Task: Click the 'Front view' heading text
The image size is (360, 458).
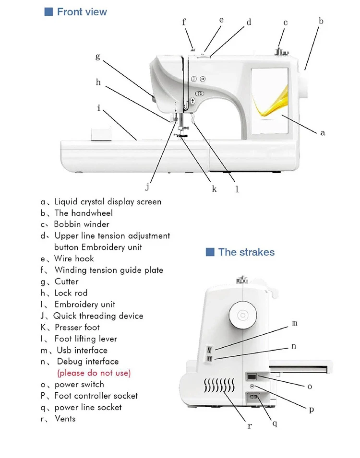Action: coord(82,12)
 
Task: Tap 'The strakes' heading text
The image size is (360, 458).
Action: coord(246,252)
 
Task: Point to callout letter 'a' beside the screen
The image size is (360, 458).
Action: coord(323,133)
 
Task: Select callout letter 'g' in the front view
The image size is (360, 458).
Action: coord(98,57)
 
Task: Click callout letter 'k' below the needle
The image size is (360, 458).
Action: coord(214,189)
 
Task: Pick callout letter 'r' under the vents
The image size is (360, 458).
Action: coord(250,425)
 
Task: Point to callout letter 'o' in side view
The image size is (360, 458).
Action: coord(310,386)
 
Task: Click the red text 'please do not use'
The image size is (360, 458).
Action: coord(94,373)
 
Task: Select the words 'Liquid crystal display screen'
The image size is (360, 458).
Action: coord(108,202)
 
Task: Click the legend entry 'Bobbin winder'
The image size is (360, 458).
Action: coord(82,224)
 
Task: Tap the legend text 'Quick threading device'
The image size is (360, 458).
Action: coord(98,316)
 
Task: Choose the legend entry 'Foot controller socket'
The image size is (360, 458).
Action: coord(96,396)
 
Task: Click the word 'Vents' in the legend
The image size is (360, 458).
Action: coord(65,419)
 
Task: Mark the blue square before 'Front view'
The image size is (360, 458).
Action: coord(48,12)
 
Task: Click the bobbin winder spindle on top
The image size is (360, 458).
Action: coord(278,51)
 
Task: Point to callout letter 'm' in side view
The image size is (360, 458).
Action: coord(295,324)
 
